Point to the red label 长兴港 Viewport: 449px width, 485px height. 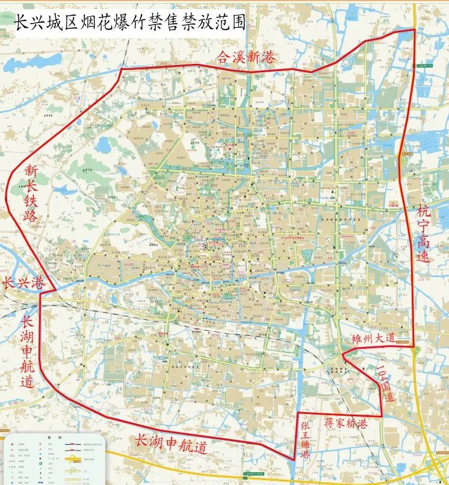(x=23, y=282)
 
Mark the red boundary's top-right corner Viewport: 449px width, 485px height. (x=414, y=30)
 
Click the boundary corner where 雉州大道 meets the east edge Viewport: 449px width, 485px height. (x=413, y=347)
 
